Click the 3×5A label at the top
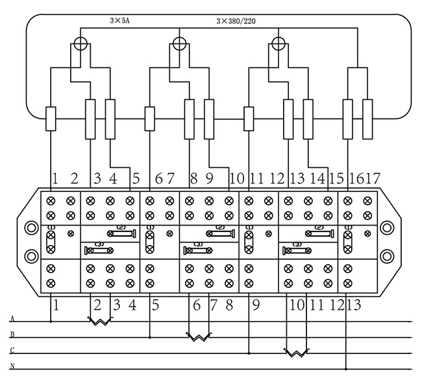pyautogui.click(x=119, y=21)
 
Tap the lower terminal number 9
pyautogui.click(x=255, y=304)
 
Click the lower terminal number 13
pyautogui.click(x=354, y=304)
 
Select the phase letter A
pyautogui.click(x=12, y=319)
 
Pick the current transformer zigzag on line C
pyautogui.click(x=296, y=353)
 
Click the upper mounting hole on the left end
pyautogui.click(x=31, y=228)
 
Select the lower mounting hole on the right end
pyautogui.click(x=388, y=254)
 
